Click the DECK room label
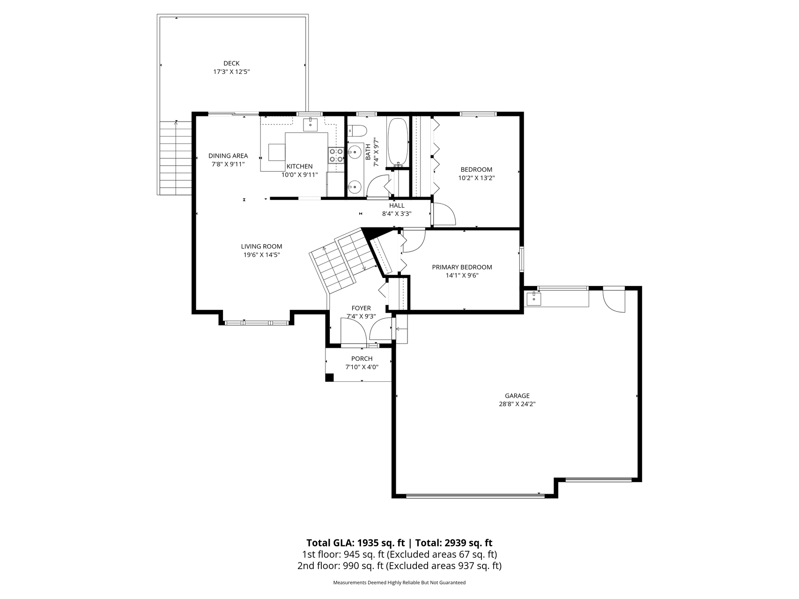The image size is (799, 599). tap(231, 63)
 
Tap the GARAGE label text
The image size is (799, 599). tap(517, 395)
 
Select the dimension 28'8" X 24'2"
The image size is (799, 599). tap(517, 404)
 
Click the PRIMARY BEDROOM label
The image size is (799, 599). tap(462, 267)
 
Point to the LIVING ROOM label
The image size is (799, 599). tap(261, 247)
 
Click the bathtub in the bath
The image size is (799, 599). tap(398, 142)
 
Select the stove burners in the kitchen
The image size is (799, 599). tap(336, 155)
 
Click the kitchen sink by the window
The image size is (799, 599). tap(310, 124)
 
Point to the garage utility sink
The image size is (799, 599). tap(533, 298)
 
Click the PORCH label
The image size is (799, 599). tap(362, 359)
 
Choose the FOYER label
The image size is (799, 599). tap(361, 308)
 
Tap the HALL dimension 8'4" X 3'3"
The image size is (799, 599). tap(397, 214)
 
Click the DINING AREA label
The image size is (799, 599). tap(228, 156)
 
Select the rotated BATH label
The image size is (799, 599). tap(368, 152)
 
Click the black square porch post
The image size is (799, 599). tap(329, 377)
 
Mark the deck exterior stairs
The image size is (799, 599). tap(175, 158)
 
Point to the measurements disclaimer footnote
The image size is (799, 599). tap(399, 583)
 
